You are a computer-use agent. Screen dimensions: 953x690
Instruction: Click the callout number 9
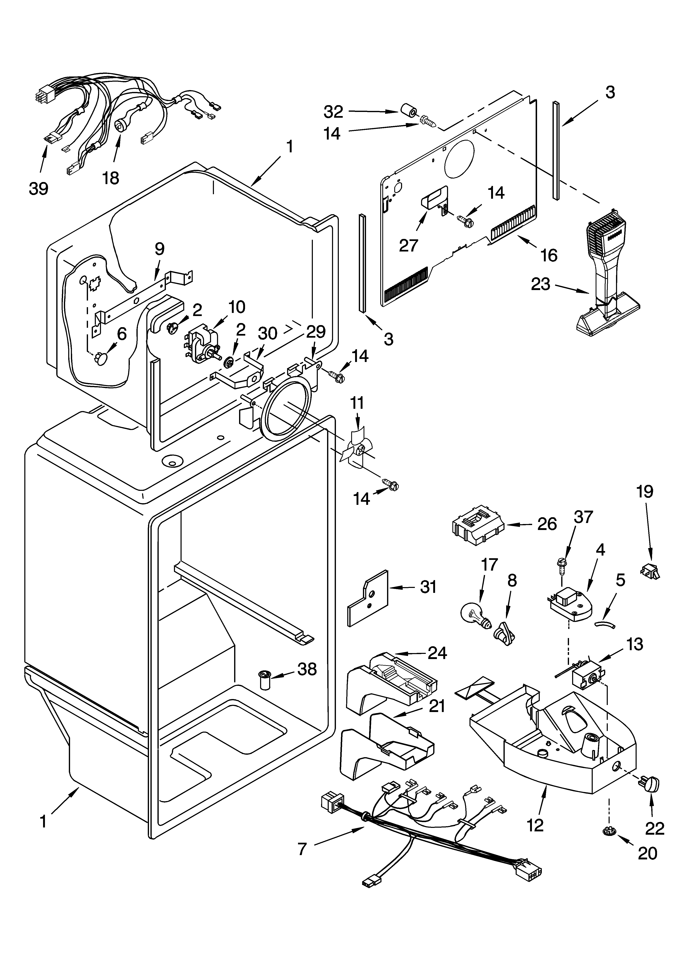(159, 249)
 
